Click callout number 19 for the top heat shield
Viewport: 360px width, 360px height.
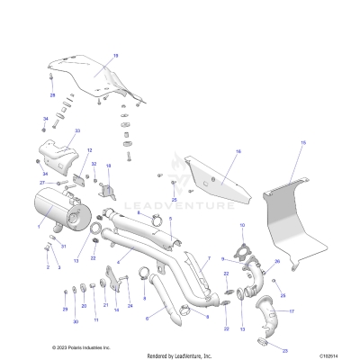(116, 56)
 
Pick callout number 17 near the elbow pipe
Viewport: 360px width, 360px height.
(292, 311)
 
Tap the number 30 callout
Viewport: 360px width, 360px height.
(76, 320)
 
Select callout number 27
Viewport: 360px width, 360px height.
(41, 183)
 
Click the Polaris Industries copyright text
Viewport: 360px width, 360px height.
(81, 346)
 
